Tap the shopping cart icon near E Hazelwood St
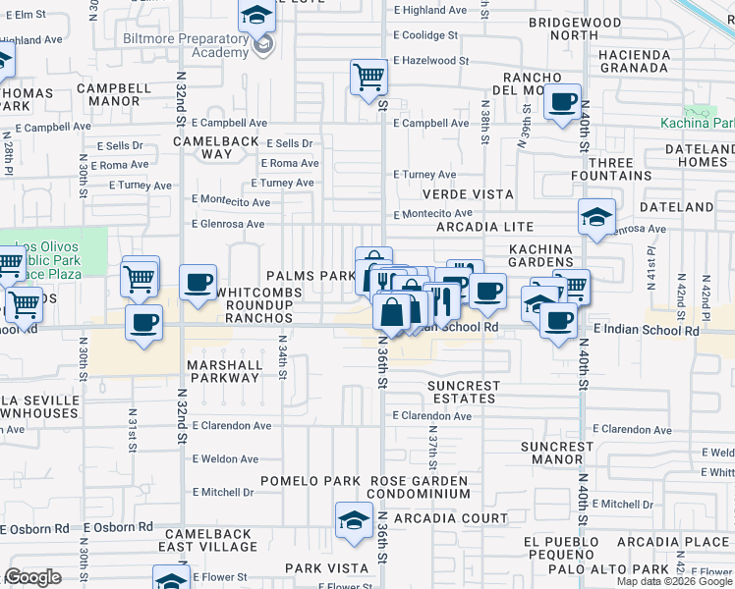point(369,77)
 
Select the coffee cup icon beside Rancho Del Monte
point(562,102)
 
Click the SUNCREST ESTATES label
point(464,392)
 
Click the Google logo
point(32,577)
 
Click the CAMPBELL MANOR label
point(115,94)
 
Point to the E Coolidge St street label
point(424,34)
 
